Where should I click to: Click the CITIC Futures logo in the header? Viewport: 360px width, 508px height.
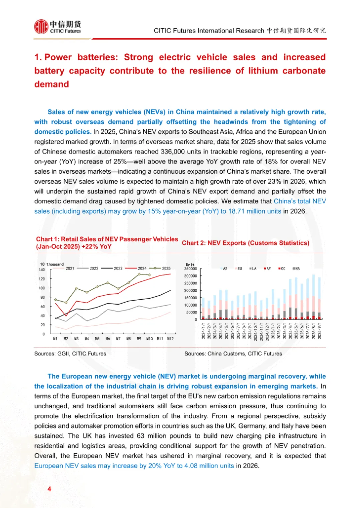tap(57, 27)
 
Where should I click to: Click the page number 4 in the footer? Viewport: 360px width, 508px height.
tap(49, 489)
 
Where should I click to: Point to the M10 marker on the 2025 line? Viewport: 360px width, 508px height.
tap(149, 275)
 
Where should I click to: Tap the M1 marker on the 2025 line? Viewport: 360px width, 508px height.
tap(55, 300)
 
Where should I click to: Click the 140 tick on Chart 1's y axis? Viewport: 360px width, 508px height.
tap(42, 270)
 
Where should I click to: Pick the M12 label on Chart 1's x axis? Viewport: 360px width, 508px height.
tap(170, 339)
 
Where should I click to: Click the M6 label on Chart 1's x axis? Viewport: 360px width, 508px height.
tap(108, 339)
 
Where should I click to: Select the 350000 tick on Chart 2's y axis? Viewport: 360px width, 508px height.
tap(191, 269)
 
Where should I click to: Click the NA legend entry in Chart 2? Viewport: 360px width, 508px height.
tap(296, 269)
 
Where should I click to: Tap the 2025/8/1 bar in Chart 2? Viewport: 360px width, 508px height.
tap(313, 297)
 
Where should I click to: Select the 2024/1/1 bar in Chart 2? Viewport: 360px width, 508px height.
tap(203, 308)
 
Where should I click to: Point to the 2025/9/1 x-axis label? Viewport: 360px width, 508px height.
tap(319, 330)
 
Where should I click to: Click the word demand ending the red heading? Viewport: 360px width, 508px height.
tap(52, 84)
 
